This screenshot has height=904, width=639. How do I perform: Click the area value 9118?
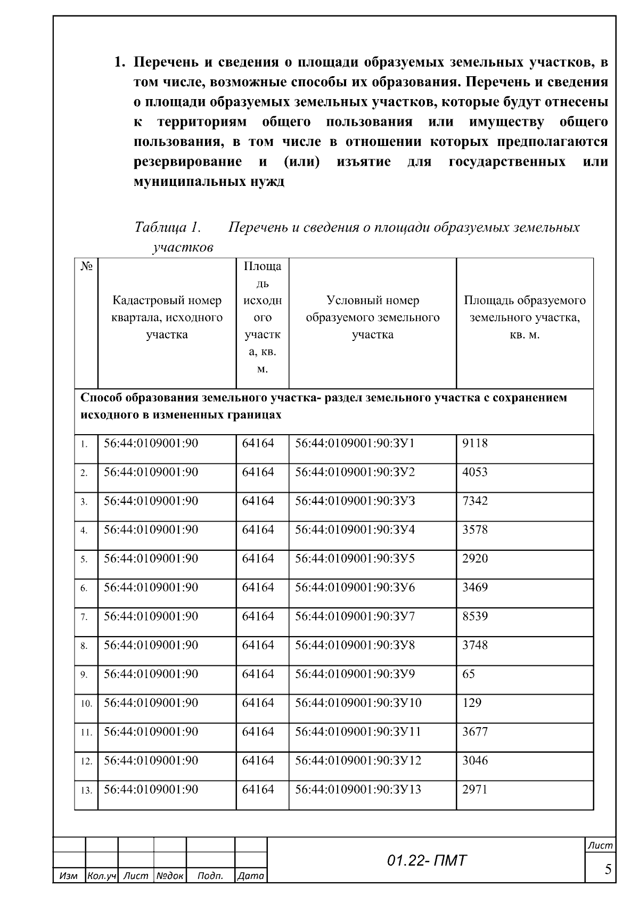pyautogui.click(x=474, y=443)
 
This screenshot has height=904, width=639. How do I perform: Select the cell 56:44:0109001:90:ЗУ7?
pyautogui.click(x=355, y=616)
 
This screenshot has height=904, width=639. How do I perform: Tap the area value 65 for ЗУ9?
pyautogui.click(x=469, y=674)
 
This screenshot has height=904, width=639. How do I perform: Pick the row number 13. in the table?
pyautogui.click(x=86, y=791)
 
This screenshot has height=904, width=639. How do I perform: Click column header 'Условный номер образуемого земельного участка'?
pyautogui.click(x=372, y=317)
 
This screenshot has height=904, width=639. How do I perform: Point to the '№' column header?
pyautogui.click(x=86, y=266)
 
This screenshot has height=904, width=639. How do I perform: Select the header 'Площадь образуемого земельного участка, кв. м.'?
pyautogui.click(x=525, y=317)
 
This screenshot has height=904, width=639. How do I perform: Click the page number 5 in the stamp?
pyautogui.click(x=607, y=870)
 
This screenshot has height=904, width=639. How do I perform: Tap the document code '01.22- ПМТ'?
pyautogui.click(x=427, y=860)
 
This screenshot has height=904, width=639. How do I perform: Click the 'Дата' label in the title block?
pyautogui.click(x=251, y=876)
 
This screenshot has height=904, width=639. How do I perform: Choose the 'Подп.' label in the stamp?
pyautogui.click(x=210, y=876)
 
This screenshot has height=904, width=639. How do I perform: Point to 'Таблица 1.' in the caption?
pyautogui.click(x=167, y=227)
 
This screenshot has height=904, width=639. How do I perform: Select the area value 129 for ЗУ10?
pyautogui.click(x=471, y=703)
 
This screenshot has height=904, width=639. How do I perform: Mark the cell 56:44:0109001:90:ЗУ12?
pyautogui.click(x=358, y=760)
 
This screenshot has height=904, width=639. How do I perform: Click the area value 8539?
pyautogui.click(x=474, y=616)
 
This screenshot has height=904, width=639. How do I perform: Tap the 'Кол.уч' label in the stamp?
pyautogui.click(x=101, y=876)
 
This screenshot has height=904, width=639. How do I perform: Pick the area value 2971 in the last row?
pyautogui.click(x=474, y=789)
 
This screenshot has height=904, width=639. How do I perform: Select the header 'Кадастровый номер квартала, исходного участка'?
pyautogui.click(x=167, y=317)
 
